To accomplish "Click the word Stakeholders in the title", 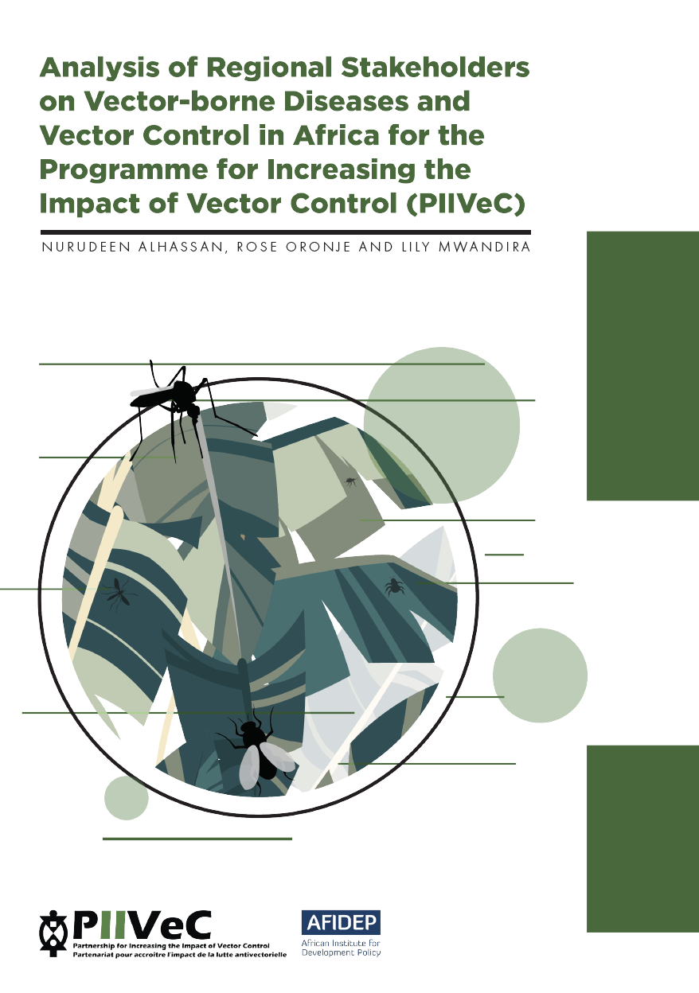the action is point(435,68).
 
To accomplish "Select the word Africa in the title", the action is point(336,135).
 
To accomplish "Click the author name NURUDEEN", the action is point(86,247).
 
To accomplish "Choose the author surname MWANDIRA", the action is point(484,247).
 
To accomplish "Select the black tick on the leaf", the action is point(394,586).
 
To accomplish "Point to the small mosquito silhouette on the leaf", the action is point(119,594).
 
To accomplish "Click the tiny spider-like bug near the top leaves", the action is point(351,481).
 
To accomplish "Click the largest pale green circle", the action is point(442,425).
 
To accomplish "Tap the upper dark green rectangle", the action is point(642,366).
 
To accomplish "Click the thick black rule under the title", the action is point(286,232).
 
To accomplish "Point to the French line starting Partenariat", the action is point(180,954).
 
